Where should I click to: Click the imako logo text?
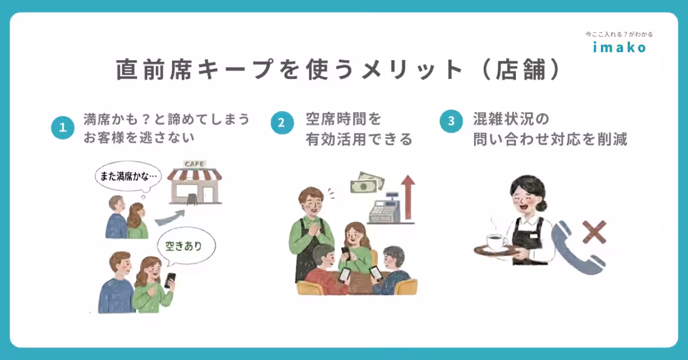pos(619,47)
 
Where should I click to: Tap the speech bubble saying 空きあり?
pos(187,247)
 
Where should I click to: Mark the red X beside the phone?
pos(594,232)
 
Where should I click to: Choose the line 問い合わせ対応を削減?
pos(550,139)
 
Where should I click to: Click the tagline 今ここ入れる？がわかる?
pos(619,34)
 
